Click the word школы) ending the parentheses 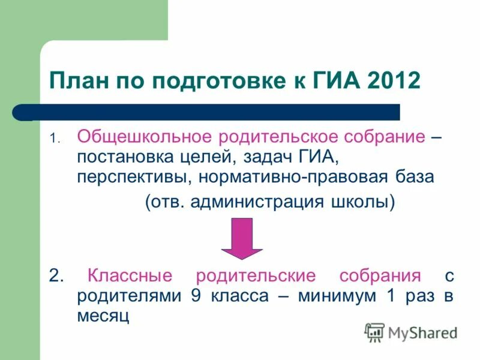point(364,202)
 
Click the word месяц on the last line point(103,316)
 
